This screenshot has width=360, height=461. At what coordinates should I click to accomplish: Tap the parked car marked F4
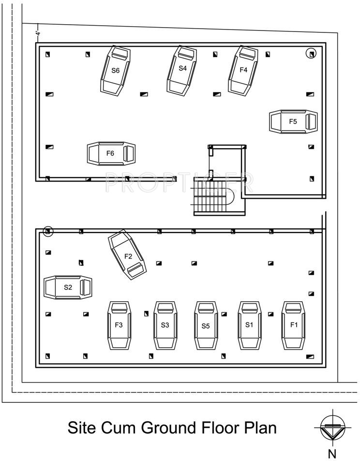coord(243,70)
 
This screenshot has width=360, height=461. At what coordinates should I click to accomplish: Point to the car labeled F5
coord(293,122)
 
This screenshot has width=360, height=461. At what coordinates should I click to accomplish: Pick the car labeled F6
coord(111,154)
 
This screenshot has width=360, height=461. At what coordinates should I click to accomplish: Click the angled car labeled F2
coord(128,255)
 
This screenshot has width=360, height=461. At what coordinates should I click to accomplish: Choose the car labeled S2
coord(68,287)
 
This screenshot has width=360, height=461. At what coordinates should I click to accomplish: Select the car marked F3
coord(119,325)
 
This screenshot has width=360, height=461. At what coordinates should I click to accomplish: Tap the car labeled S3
coord(165,325)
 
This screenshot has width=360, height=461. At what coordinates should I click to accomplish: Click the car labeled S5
coord(206,325)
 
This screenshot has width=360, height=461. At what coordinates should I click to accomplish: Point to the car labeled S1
coord(250,325)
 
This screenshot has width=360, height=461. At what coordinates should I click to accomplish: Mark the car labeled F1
coord(293,325)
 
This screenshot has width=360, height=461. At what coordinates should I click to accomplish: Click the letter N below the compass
coord(332,453)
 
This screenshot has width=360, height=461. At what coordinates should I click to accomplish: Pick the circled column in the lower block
coord(47,231)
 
